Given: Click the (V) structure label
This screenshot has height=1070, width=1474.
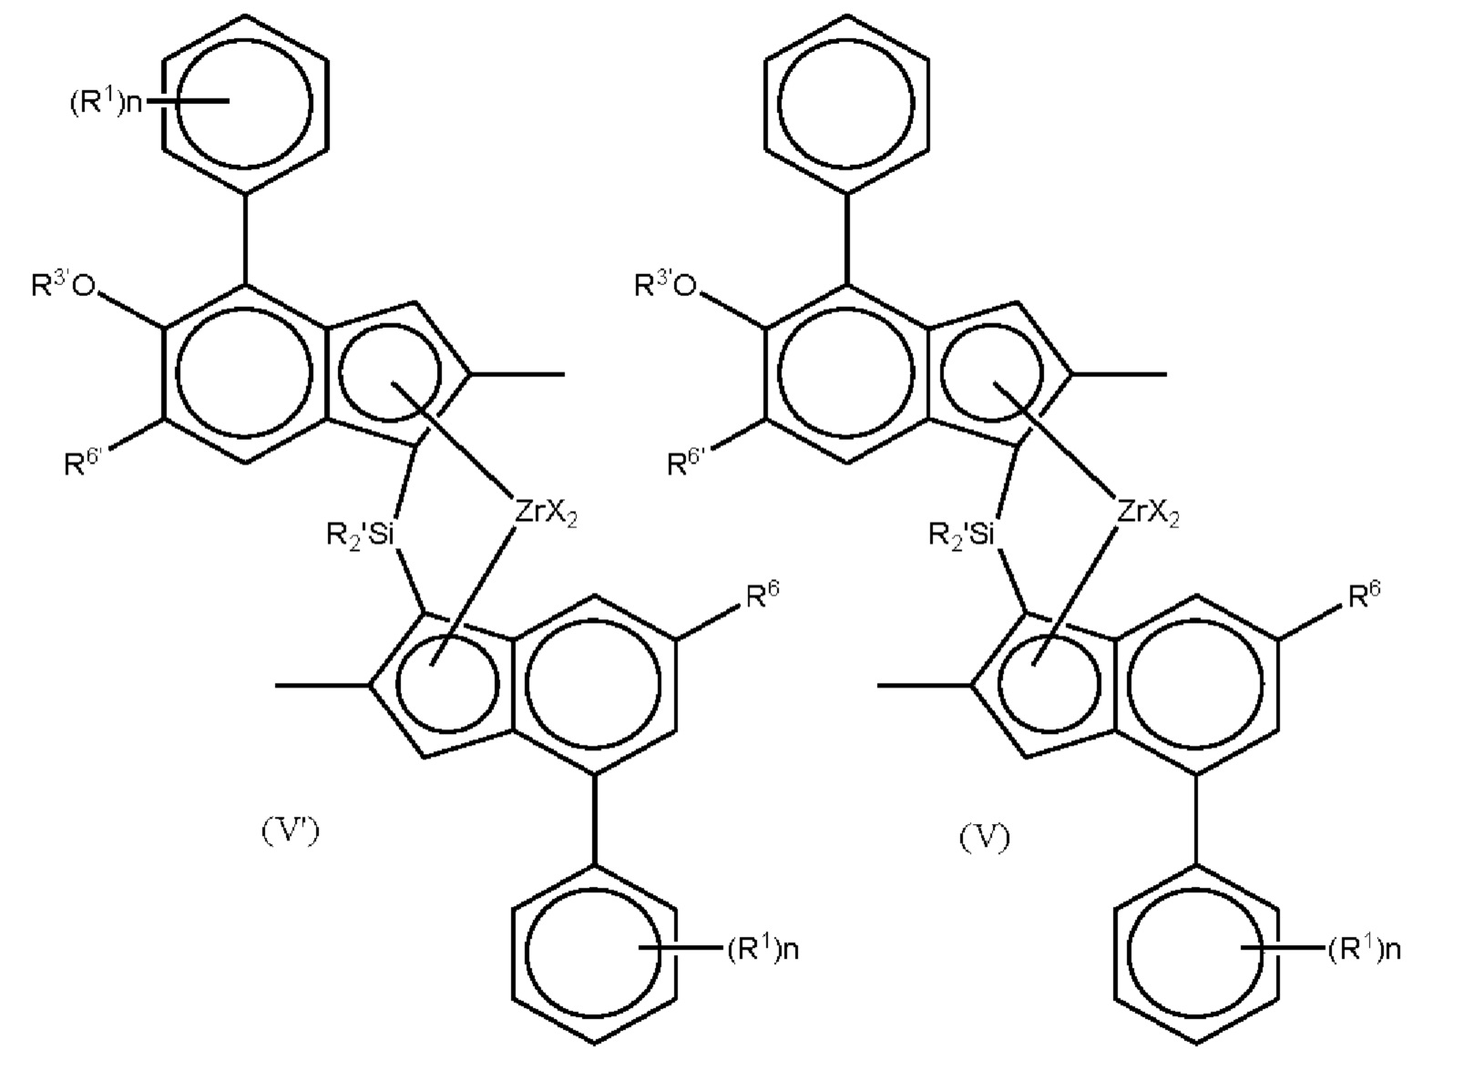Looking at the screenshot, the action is coord(985,837).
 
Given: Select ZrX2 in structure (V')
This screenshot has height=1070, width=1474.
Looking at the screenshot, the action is coord(546,513).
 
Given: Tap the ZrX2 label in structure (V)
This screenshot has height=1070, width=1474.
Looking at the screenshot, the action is coord(1148,513).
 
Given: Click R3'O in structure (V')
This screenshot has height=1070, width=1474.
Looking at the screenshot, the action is coord(64,287).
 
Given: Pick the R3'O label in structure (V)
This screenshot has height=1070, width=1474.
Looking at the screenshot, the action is coord(666,287).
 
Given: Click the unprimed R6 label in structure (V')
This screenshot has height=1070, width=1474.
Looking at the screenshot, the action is coord(763,596).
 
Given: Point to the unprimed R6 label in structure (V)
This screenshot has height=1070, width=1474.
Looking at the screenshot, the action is coord(1364,596).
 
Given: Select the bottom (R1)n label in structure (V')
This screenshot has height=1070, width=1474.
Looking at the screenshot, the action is coord(763,950).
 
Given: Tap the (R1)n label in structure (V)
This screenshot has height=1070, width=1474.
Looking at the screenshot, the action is coord(1364,950).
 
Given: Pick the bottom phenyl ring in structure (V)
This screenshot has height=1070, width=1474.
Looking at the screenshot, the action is coord(1195,952).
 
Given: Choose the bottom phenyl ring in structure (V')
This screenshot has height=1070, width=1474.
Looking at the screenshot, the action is coord(594,952).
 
